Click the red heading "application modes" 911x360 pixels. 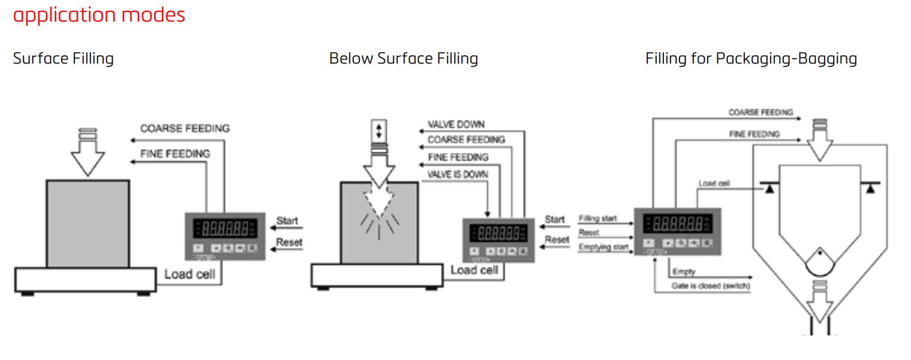pyautogui.click(x=99, y=14)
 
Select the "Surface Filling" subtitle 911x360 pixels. pyautogui.click(x=63, y=59)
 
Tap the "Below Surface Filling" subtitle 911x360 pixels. pyautogui.click(x=404, y=59)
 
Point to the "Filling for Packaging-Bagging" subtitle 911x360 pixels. pyautogui.click(x=751, y=59)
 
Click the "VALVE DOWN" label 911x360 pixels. pyautogui.click(x=456, y=125)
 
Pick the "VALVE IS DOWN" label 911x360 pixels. pyautogui.click(x=458, y=174)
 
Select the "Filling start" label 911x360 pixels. pyautogui.click(x=597, y=218)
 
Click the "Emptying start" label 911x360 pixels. pyautogui.click(x=603, y=247)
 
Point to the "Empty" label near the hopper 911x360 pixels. pyautogui.click(x=684, y=272)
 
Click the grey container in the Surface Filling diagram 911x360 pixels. pyautogui.click(x=88, y=223)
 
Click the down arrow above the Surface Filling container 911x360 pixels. pyautogui.click(x=88, y=153)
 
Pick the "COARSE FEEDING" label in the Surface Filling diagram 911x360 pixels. pyautogui.click(x=185, y=128)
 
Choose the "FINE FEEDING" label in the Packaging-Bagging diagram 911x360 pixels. pyautogui.click(x=754, y=134)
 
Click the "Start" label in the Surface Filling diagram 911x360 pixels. pyautogui.click(x=287, y=221)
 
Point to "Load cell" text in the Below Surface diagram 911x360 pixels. pyautogui.click(x=474, y=270)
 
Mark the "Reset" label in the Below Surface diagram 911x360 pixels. pyautogui.click(x=557, y=240)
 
